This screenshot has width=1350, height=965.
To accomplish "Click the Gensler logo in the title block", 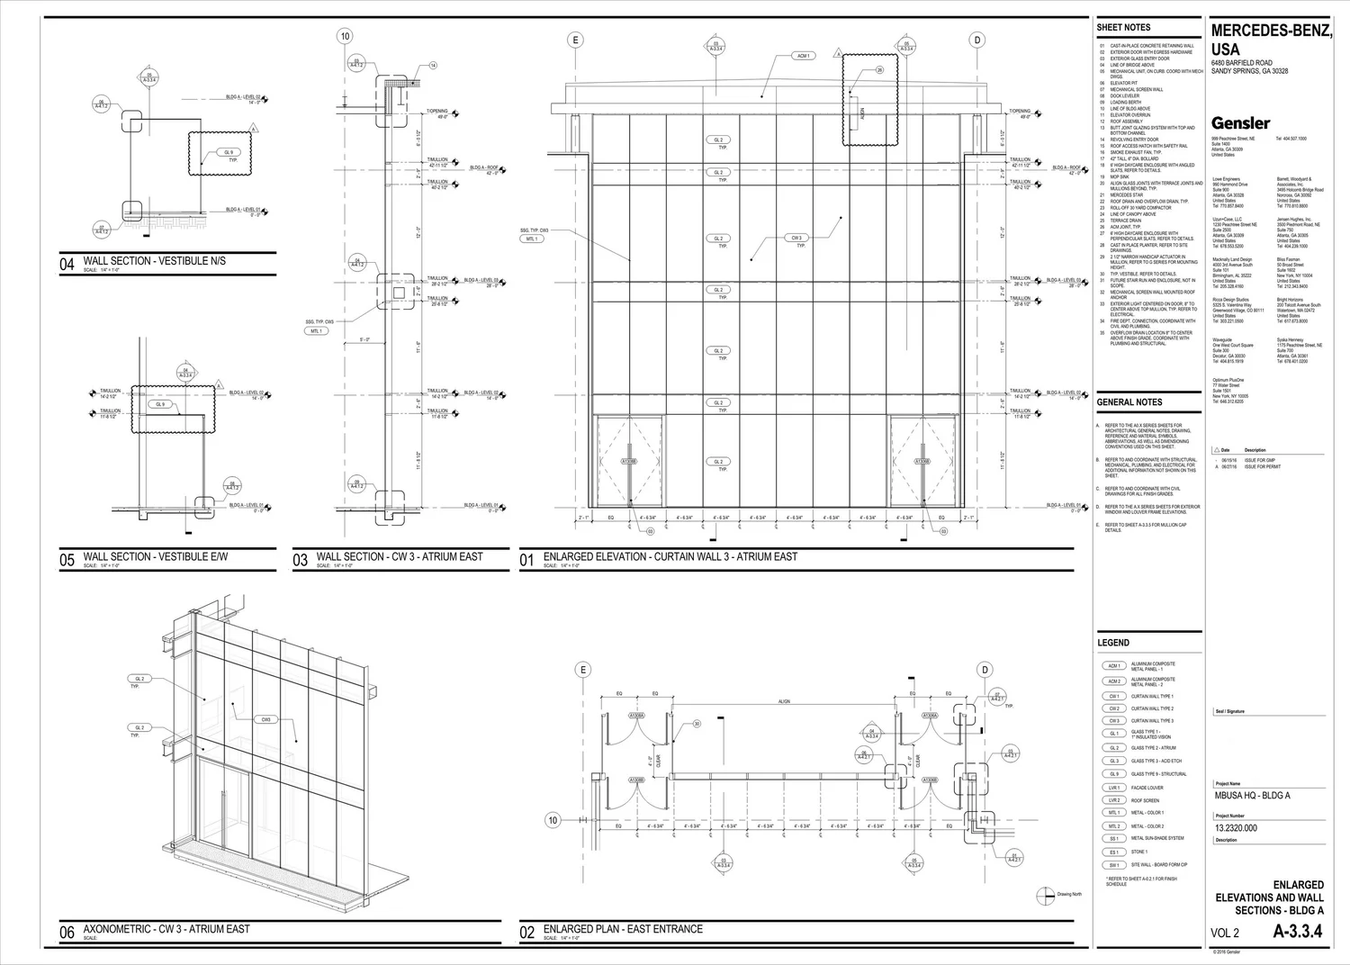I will point(1240,123).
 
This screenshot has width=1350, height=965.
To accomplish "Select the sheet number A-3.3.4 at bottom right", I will point(1297,933).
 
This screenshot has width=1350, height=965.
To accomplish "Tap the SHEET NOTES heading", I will point(1123,28).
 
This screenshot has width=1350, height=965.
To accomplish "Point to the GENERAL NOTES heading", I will point(1129,402).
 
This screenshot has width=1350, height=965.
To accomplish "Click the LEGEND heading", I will point(1112,643).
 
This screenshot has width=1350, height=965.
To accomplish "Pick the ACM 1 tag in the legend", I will point(1114,666).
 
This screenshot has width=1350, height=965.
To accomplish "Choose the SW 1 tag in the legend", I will point(1114,865).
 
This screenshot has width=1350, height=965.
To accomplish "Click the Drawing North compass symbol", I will point(1045,895).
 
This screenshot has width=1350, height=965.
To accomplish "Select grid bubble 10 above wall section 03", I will point(345,37).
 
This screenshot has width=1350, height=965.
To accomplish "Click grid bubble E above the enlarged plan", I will point(583,670).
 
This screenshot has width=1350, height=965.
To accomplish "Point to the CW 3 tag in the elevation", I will point(796,239).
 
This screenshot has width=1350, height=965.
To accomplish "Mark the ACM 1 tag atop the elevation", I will point(803,56).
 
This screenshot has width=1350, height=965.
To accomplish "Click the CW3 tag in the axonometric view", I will point(266,719).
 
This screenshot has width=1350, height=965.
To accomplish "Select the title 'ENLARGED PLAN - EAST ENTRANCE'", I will point(623,929).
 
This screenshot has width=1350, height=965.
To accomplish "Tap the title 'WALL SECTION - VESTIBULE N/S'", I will point(154,261).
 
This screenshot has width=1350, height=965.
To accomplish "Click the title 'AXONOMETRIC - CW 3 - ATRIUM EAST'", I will point(166,929).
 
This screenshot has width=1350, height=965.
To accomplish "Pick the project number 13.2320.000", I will point(1236,828).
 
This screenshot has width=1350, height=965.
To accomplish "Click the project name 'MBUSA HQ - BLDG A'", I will point(1252,796).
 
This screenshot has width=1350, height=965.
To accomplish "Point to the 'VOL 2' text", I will point(1225,933).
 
